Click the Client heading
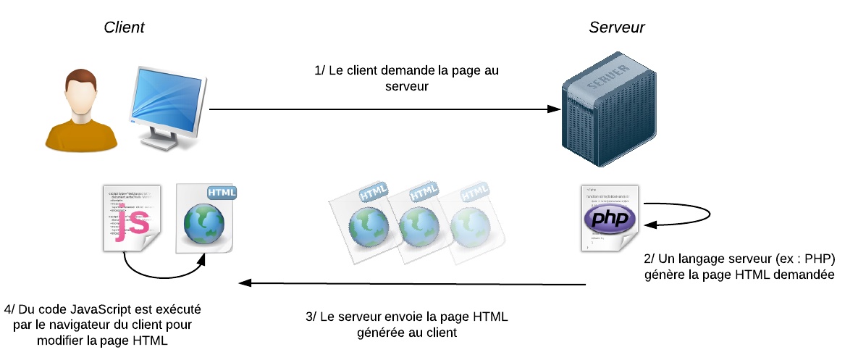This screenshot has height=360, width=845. [124, 28]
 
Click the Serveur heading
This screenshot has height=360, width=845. [616, 28]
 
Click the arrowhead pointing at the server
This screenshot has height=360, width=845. [555, 109]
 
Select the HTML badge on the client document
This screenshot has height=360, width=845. [222, 193]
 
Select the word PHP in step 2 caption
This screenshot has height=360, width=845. [819, 259]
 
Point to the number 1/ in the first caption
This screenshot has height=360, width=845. [319, 71]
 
